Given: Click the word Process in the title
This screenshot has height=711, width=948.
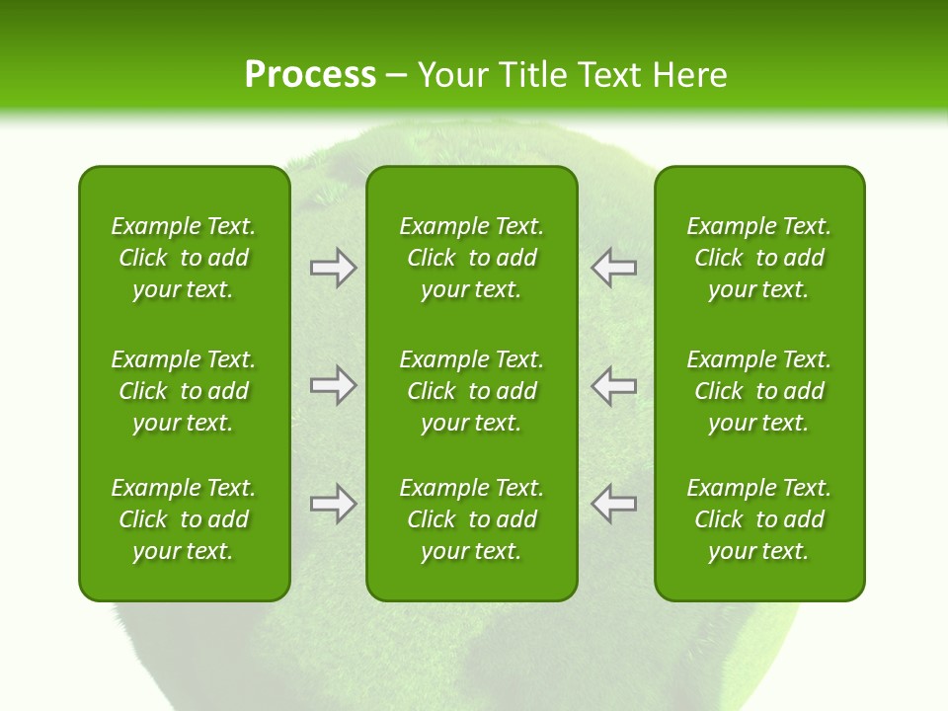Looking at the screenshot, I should [310, 75].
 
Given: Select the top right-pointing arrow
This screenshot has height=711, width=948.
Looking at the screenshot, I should [333, 268].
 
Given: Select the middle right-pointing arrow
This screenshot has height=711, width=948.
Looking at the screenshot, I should [333, 386].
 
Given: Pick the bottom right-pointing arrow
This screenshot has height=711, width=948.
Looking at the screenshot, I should [333, 504].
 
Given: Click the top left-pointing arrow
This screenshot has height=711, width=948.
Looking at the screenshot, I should [614, 268].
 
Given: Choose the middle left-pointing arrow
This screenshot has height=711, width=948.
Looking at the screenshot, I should [614, 386].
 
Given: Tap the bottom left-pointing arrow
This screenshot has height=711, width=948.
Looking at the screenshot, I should [614, 504].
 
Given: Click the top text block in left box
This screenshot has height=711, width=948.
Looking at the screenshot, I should [184, 258].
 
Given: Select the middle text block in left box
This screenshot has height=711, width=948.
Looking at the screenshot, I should [184, 391].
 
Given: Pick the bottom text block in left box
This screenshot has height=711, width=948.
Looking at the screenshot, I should [184, 519].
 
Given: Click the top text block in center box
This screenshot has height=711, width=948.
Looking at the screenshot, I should [471, 258].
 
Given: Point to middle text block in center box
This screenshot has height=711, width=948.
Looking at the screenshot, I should [471, 391].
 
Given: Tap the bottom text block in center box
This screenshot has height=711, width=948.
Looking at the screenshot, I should [471, 519].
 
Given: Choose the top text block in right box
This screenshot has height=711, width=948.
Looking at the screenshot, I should [758, 258].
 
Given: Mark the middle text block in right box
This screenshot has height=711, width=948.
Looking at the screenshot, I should [758, 391].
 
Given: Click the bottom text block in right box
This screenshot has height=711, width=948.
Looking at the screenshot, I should [758, 519].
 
